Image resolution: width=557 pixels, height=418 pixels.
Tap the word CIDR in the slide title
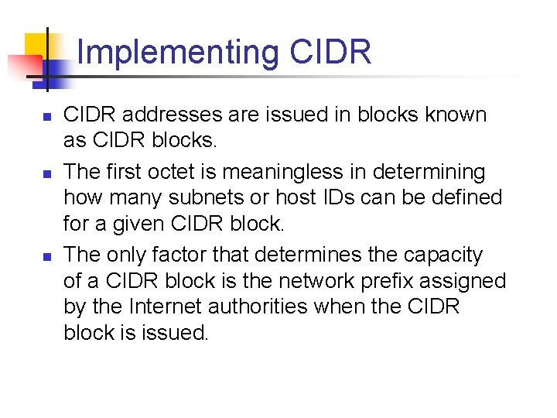tap(331, 52)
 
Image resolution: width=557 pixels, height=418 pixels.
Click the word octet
tap(207, 171)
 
